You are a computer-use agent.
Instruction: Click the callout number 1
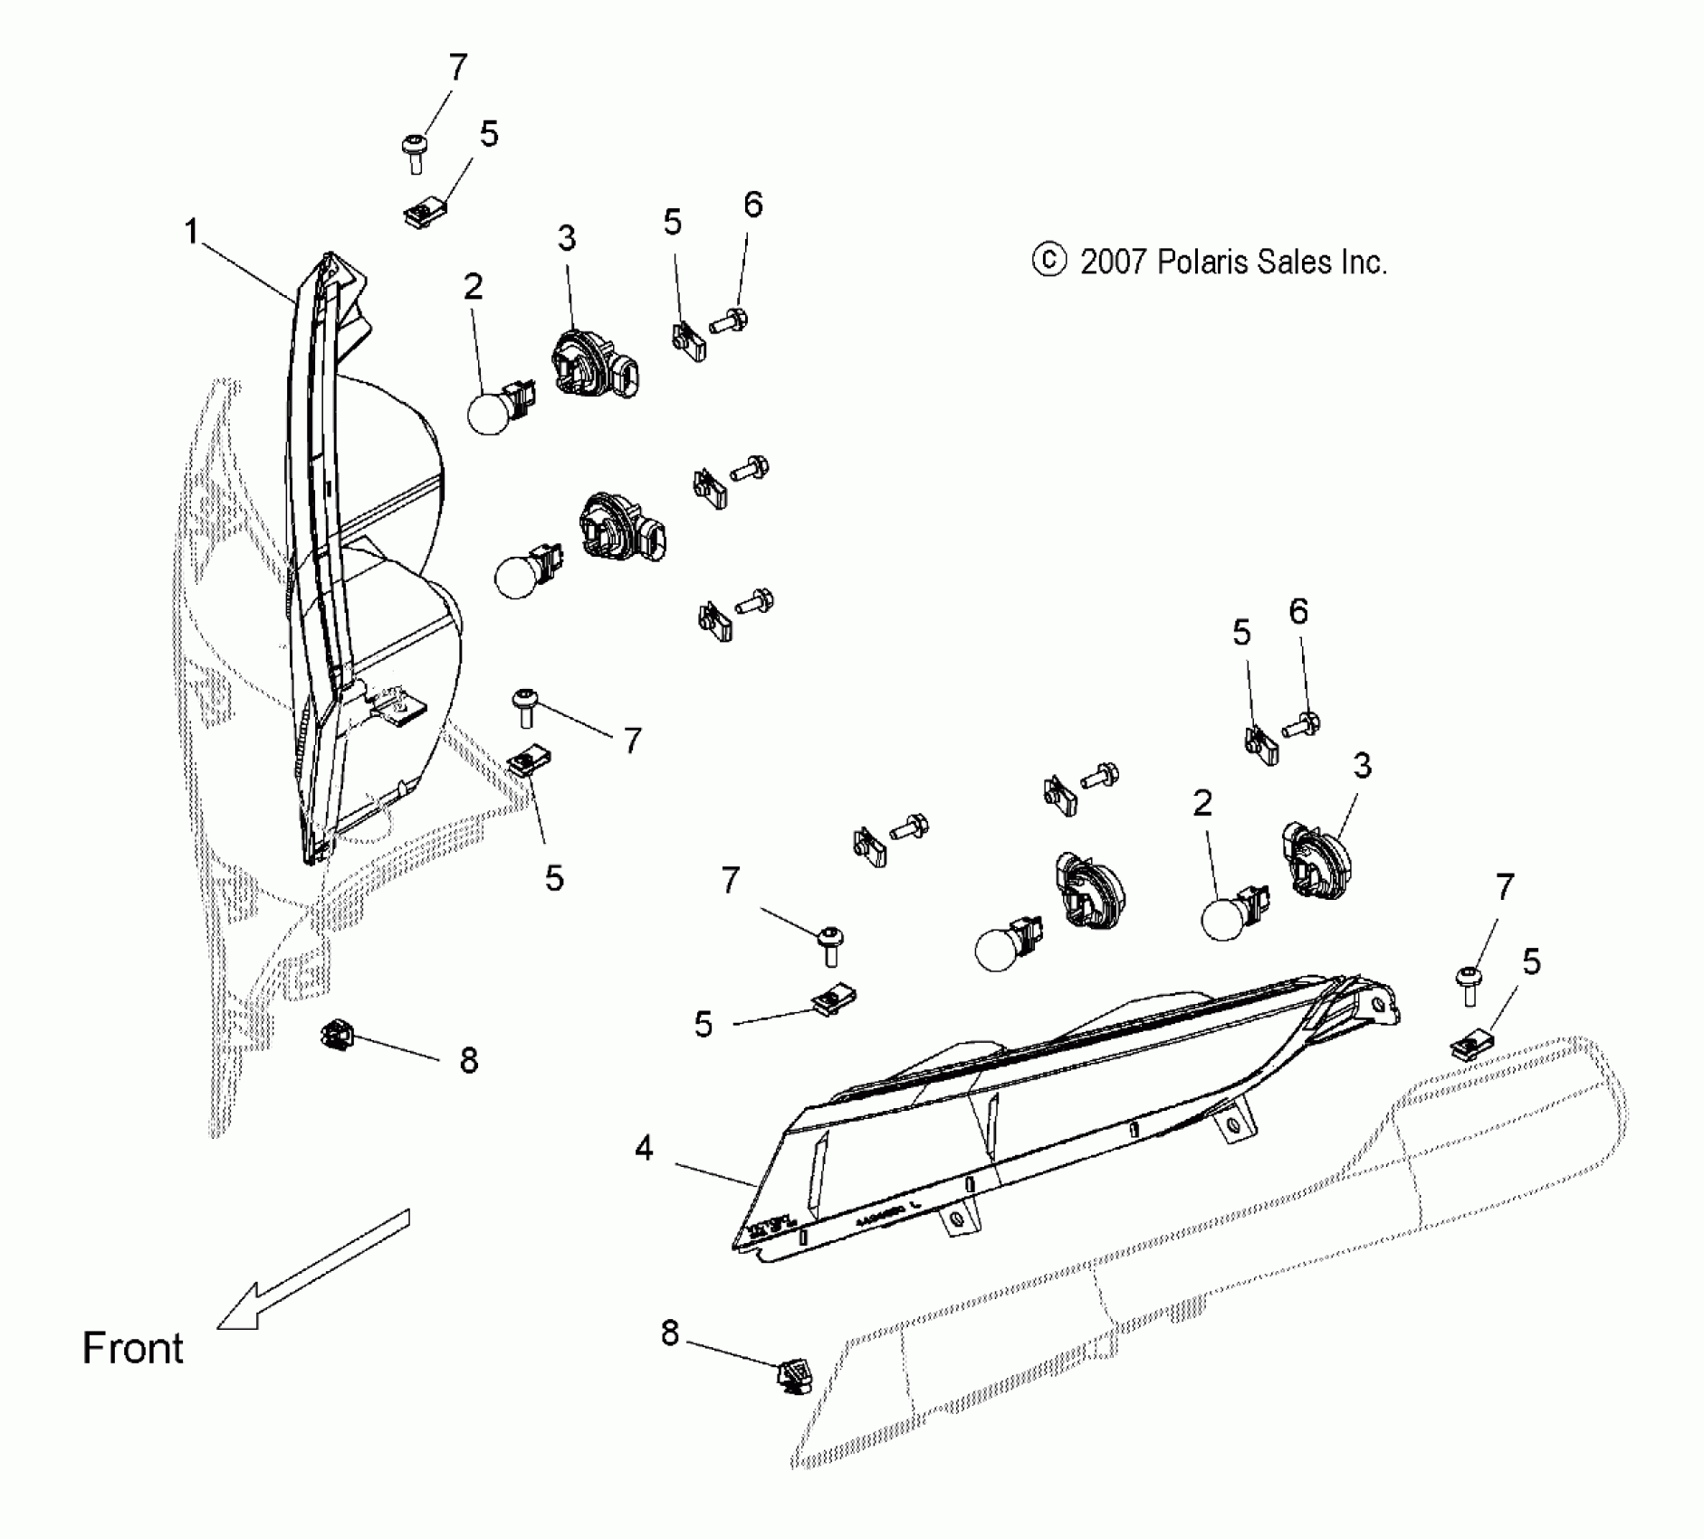coord(191,233)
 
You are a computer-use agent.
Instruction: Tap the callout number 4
coord(644,1149)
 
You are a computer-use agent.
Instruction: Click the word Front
coord(133,1349)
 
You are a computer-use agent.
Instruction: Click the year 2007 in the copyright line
coord(1115,263)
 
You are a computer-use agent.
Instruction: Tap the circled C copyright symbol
coord(1048,261)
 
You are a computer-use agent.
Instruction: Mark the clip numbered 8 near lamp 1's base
coord(337,1034)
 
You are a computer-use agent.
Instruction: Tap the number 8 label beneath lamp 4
coord(669,1333)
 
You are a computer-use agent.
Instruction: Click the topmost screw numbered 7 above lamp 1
coord(415,153)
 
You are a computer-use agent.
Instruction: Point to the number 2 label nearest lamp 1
coord(473,288)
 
